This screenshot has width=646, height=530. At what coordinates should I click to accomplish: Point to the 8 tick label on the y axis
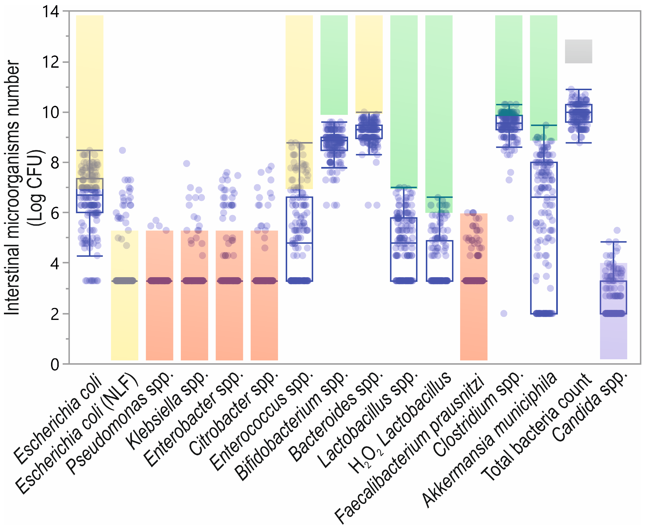pos(55,163)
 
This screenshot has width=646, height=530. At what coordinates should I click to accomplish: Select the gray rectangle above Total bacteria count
pos(578,51)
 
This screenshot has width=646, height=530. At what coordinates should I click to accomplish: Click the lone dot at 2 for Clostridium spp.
pos(504,313)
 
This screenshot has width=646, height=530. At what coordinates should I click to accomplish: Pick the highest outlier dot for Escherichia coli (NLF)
pos(123,150)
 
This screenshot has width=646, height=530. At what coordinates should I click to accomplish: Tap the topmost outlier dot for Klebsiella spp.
pos(187,164)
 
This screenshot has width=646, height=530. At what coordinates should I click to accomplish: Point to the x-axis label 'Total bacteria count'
pos(536,427)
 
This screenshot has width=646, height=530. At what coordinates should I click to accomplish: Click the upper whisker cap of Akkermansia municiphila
pos(544,125)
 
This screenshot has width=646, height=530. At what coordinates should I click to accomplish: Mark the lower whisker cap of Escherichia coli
pos(90,256)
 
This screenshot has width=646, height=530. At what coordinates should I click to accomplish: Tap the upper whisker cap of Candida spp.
pos(614,242)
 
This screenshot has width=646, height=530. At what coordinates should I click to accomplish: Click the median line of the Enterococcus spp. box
pos(299,243)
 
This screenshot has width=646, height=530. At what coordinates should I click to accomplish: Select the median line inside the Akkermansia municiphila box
pos(544,197)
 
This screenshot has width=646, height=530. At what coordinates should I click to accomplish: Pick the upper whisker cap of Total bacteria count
pos(579,90)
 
